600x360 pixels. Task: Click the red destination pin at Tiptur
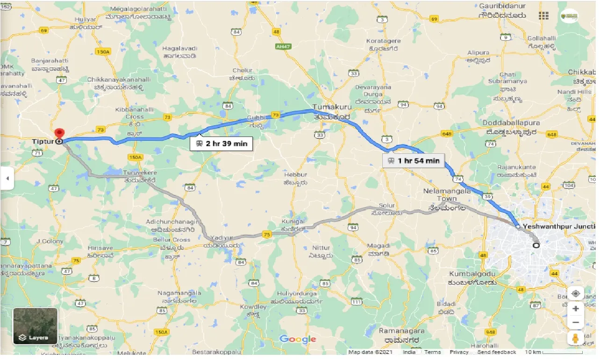[59, 133]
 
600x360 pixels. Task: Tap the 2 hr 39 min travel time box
[221, 144]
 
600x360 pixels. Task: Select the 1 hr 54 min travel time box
[413, 161]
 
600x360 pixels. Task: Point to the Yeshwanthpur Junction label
[560, 226]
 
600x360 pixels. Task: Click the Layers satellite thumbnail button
[35, 326]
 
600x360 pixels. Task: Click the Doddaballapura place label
[511, 122]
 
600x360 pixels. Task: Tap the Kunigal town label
[293, 221]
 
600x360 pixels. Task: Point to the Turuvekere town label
[140, 173]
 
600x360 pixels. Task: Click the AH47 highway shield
[280, 47]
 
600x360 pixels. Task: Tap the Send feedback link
[497, 352]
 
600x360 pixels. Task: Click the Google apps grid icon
[543, 16]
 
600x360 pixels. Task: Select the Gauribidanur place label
[502, 6]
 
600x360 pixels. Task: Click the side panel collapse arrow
[7, 178]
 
